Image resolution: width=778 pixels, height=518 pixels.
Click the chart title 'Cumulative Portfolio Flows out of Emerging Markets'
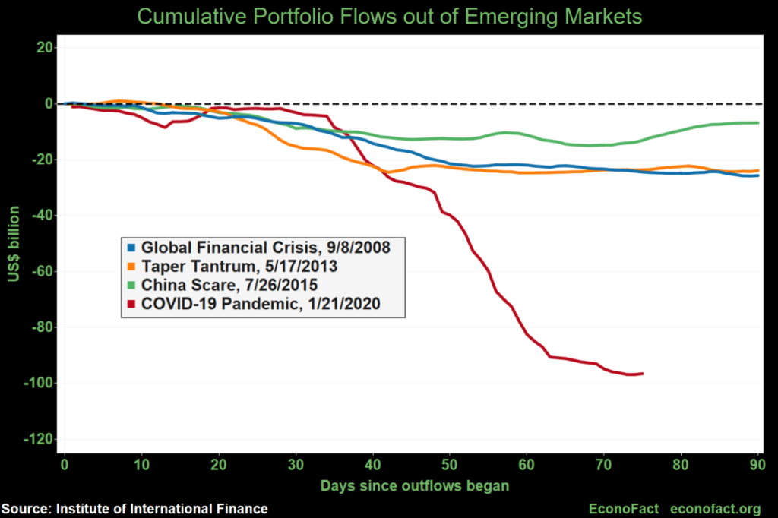tap(388, 16)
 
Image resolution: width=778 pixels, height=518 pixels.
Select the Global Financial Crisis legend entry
tap(262, 248)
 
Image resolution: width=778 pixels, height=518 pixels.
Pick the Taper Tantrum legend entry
tap(239, 267)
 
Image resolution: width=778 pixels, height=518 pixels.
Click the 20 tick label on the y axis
tap(44, 47)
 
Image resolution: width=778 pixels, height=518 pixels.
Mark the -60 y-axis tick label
tap(41, 271)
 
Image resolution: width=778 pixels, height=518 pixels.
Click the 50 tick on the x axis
tap(449, 463)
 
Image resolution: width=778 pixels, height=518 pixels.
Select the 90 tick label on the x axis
tap(757, 463)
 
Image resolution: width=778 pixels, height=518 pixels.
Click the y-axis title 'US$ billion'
tap(14, 243)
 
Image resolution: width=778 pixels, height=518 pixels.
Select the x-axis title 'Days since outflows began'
tap(413, 485)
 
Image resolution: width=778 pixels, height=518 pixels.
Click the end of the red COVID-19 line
tap(643, 373)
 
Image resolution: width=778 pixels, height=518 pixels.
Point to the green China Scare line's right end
tap(757, 122)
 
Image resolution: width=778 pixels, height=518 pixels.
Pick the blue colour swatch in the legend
tap(131, 248)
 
